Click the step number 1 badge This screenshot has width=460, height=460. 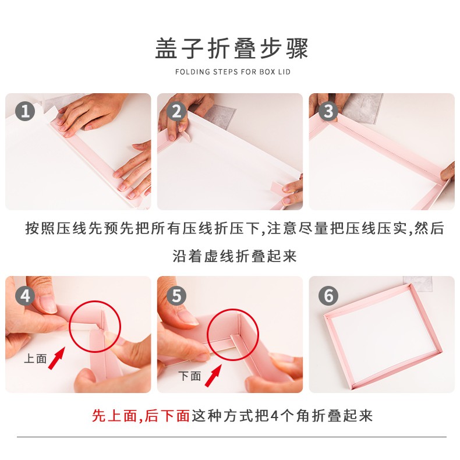25,111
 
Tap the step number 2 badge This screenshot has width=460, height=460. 176,111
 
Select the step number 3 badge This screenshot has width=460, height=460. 328,111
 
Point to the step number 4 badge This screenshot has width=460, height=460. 25,296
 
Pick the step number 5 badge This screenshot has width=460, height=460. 176,296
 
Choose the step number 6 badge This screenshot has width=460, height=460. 328,296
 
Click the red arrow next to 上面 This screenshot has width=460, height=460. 56,358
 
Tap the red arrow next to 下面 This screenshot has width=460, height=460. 213,376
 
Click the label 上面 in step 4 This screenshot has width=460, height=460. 36,359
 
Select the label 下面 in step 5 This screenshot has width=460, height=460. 190,376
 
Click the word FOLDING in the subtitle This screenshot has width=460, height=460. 193,72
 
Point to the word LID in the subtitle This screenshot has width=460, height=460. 284,72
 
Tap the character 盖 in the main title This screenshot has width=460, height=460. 167,48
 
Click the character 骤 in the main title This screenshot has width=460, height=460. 297,48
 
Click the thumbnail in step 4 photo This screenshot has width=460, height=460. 47,303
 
